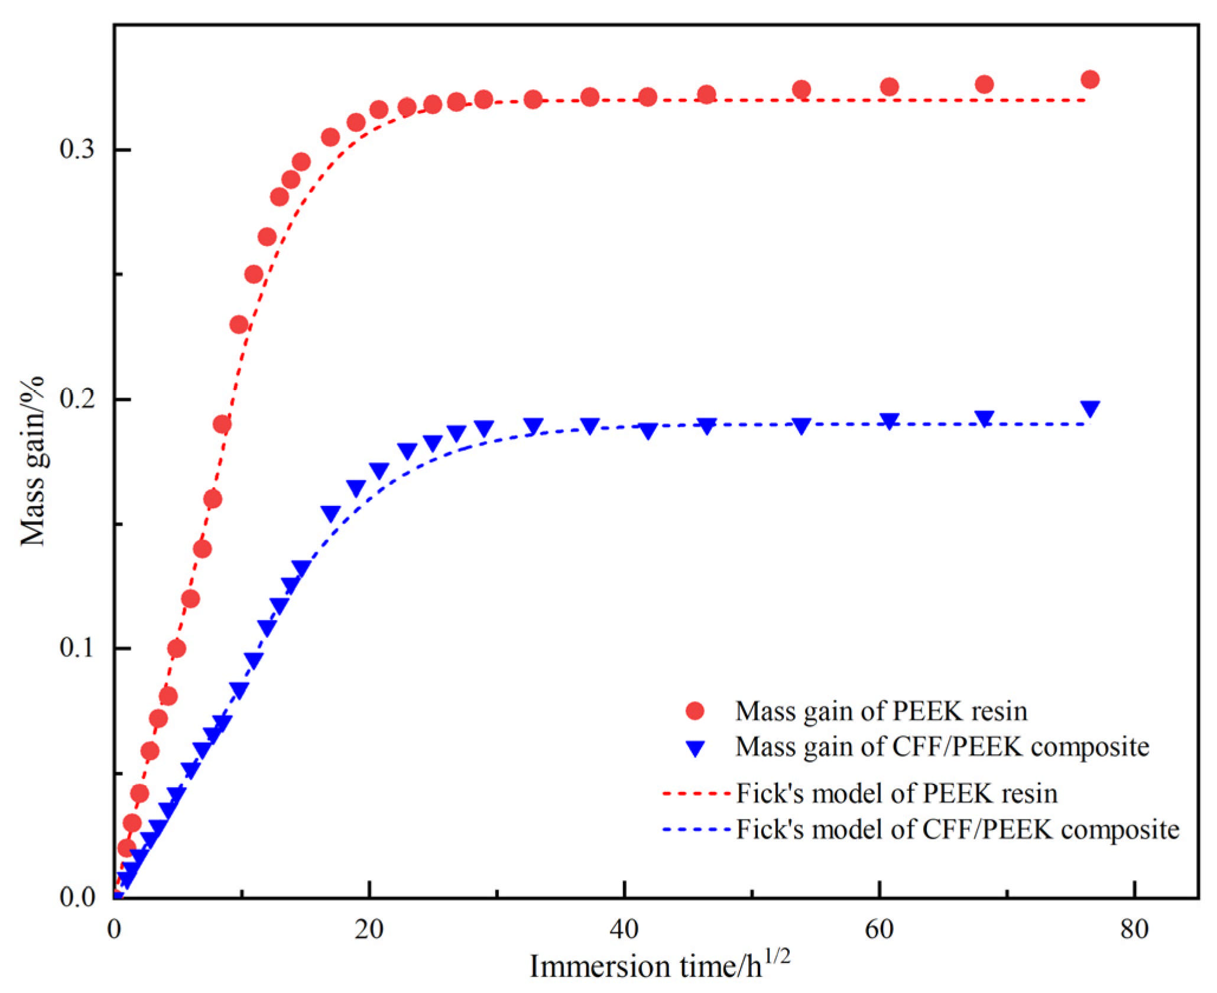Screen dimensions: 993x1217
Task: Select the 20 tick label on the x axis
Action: tap(369, 930)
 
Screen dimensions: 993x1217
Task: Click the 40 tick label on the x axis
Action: tap(624, 930)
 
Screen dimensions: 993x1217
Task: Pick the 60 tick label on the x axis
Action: tap(879, 930)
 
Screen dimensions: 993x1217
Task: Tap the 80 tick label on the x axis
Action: tap(1134, 930)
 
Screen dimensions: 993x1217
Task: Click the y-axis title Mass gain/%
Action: tap(33, 461)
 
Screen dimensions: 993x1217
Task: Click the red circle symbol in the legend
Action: tap(695, 710)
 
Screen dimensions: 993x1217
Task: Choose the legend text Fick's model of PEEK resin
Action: tap(896, 793)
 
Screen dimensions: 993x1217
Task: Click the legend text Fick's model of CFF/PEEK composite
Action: tap(958, 829)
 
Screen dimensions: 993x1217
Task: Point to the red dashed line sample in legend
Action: tap(697, 793)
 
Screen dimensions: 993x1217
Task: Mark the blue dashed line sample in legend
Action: tap(697, 829)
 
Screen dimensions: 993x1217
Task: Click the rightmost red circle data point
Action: tap(1090, 80)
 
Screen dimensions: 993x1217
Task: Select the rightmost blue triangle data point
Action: tap(1090, 408)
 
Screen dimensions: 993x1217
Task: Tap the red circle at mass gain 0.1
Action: tap(177, 648)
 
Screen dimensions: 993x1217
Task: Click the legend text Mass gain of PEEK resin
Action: tap(881, 711)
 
